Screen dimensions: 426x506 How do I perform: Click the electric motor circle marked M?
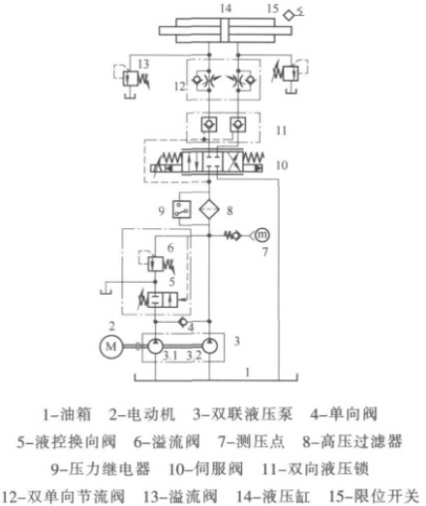tap(110, 347)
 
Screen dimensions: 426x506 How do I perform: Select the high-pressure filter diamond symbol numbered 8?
tap(209, 209)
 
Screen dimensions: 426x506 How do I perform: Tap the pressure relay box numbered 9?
tap(181, 209)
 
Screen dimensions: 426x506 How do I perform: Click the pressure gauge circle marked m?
tap(262, 235)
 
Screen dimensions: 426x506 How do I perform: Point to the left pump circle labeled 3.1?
tap(155, 347)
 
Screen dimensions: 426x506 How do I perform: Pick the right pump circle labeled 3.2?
tap(210, 347)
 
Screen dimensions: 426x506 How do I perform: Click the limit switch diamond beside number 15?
tap(289, 15)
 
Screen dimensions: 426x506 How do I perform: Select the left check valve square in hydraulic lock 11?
tap(209, 125)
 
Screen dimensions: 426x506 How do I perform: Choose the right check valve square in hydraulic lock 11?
tap(238, 125)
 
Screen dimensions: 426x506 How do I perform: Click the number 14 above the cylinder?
tap(226, 8)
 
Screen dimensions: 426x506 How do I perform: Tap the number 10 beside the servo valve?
tap(282, 165)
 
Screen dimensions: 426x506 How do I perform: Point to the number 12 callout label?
tap(180, 87)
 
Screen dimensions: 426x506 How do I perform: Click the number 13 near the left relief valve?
tap(143, 64)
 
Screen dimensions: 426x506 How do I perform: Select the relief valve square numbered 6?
tap(155, 263)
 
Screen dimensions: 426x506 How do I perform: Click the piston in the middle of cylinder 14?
tap(226, 31)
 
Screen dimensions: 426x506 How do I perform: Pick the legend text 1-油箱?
tap(67, 414)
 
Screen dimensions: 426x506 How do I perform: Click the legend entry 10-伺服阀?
tap(206, 469)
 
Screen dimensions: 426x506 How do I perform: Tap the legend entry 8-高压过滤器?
tap(352, 441)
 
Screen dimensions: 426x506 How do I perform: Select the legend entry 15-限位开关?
tap(374, 496)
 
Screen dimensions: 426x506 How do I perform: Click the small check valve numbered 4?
tap(183, 322)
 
